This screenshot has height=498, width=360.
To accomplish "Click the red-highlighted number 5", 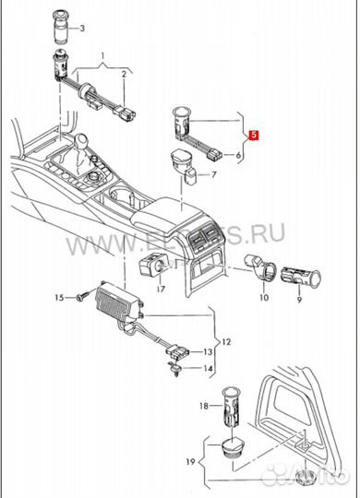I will (255, 136).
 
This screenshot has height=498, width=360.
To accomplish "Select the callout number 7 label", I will (213, 173).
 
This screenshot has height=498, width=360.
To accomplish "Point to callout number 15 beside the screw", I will (59, 298).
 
